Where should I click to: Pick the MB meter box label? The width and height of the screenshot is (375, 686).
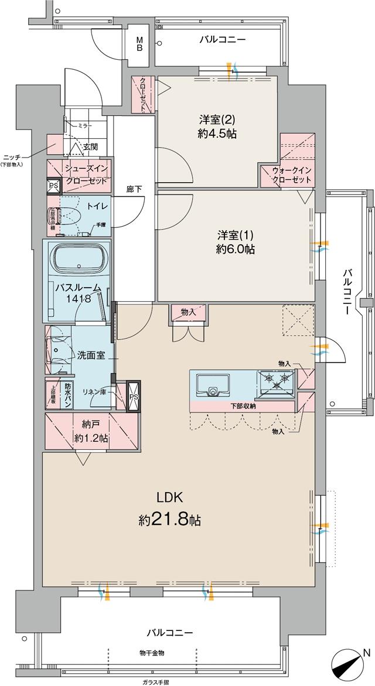pyautogui.click(x=140, y=44)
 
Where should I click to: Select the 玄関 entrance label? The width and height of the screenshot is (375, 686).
pyautogui.click(x=90, y=146)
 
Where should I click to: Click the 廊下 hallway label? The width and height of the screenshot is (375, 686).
pyautogui.click(x=134, y=189)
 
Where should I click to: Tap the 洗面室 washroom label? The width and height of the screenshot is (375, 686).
pyautogui.click(x=91, y=355)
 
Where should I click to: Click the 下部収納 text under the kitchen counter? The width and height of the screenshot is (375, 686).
pyautogui.click(x=241, y=406)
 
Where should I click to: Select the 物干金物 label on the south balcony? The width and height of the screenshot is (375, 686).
pyautogui.click(x=152, y=653)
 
